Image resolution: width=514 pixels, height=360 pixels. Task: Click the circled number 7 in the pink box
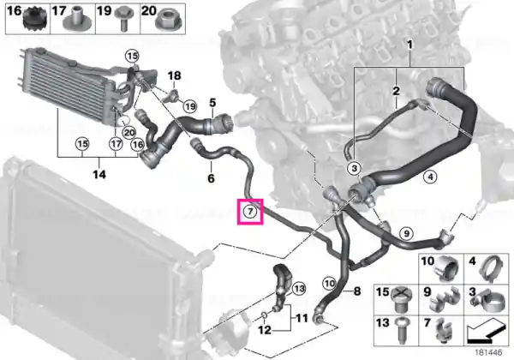(x=250, y=212)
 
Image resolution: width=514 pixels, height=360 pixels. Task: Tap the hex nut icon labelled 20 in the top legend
(x=169, y=20)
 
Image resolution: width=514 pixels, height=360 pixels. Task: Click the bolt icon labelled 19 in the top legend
(x=123, y=20)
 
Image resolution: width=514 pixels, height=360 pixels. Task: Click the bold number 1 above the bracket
(x=409, y=45)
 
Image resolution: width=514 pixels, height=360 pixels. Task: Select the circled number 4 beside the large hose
(x=430, y=177)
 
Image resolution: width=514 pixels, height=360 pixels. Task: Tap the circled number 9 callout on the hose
(x=406, y=233)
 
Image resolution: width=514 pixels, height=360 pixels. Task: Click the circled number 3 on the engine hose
(x=354, y=169)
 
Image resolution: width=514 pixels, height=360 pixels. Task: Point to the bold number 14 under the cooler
(x=99, y=174)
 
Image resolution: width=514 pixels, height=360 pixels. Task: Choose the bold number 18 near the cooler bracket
(x=175, y=75)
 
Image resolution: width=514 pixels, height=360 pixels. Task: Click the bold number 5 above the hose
(x=212, y=103)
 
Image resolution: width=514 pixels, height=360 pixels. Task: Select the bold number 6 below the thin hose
(x=211, y=178)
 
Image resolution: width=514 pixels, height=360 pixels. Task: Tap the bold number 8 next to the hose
(x=357, y=291)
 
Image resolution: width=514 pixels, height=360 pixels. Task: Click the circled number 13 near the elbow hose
(x=298, y=289)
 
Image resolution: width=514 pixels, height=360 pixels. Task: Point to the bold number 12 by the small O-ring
(x=265, y=330)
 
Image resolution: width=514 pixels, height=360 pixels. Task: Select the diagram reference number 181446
(x=489, y=352)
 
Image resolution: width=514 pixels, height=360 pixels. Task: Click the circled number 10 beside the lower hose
(x=329, y=284)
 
